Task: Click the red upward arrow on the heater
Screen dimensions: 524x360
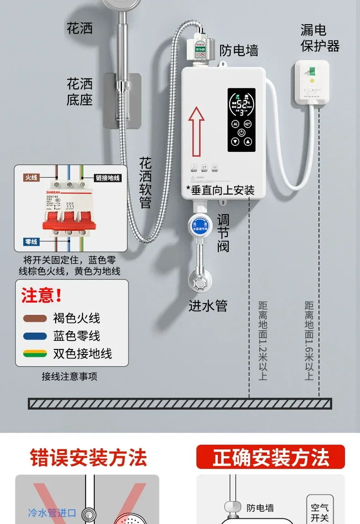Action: [x=196, y=130]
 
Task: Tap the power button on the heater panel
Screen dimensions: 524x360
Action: [x=242, y=133]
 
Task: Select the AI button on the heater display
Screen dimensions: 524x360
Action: [x=236, y=123]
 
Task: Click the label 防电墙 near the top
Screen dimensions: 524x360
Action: [x=239, y=50]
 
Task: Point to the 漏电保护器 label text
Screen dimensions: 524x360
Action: [x=320, y=38]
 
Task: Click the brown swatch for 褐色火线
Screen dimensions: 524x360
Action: [x=35, y=319]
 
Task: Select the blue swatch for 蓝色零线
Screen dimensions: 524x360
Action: [x=35, y=336]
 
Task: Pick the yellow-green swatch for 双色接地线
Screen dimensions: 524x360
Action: [x=35, y=354]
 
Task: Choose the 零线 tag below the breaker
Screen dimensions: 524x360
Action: [x=31, y=242]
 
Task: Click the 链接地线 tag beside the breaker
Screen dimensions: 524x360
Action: [x=108, y=178]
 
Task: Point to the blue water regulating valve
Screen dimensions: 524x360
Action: [x=200, y=224]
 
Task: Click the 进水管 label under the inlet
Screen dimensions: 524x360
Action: [x=208, y=306]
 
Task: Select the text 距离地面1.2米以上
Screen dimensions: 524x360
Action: [x=262, y=340]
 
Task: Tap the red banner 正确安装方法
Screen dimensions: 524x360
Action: [x=271, y=457]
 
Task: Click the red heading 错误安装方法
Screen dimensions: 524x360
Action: [x=88, y=457]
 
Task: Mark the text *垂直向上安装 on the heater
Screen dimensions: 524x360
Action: [x=221, y=190]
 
